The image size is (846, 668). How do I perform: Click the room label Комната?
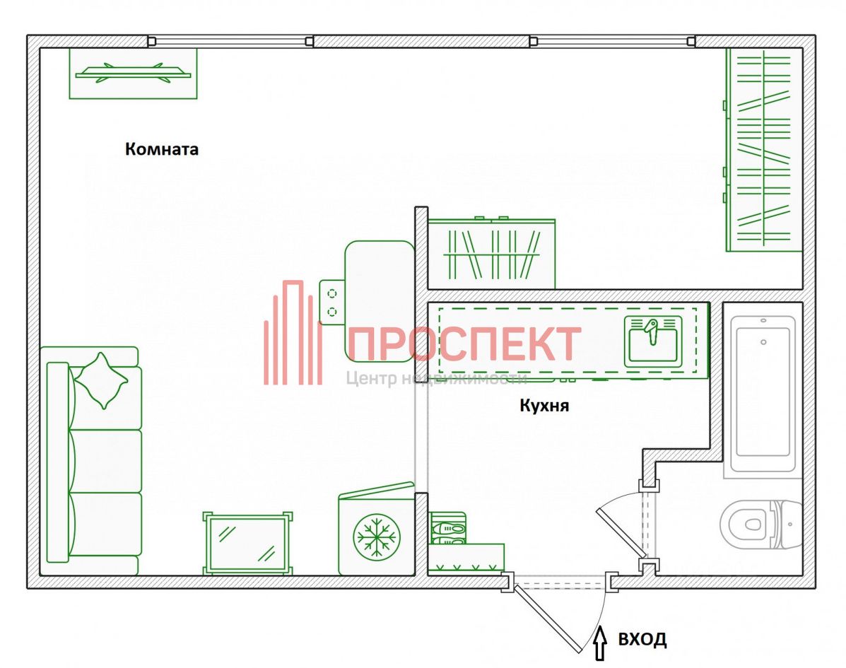[x=162, y=150]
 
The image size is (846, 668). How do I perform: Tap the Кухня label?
[x=544, y=406]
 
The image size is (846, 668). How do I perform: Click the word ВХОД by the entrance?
[x=642, y=640]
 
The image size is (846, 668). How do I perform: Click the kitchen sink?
[x=652, y=340]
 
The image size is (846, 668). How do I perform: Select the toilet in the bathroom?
[x=760, y=524]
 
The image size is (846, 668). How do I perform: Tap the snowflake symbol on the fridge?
[x=375, y=535]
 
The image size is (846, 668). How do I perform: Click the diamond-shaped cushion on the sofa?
[x=101, y=380]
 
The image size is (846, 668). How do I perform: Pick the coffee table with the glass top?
[x=247, y=543]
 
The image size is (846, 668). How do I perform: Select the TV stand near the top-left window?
[x=133, y=73]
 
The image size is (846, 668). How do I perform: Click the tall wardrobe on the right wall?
[x=763, y=150]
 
